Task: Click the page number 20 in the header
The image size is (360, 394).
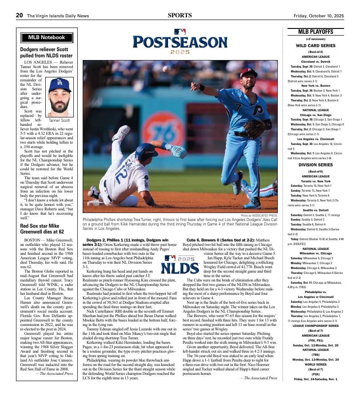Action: [20, 15]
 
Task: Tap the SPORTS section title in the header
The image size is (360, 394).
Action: [180, 15]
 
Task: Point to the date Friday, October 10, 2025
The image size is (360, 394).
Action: [319, 16]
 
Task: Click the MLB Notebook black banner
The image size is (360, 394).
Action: [47, 38]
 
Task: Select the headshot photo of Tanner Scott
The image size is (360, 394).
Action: [59, 97]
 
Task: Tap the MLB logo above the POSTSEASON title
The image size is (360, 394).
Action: [180, 32]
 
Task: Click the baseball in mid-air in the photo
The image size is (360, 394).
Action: [166, 69]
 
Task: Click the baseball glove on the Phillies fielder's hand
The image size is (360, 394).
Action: [255, 129]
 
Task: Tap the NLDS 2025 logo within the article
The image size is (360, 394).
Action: [180, 265]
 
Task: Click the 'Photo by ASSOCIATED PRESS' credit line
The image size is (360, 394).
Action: [259, 216]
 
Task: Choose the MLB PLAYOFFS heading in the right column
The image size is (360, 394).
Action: [316, 32]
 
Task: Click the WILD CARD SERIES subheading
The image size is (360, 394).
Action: [316, 46]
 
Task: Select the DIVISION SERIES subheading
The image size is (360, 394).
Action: [316, 165]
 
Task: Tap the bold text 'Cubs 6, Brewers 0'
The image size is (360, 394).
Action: [204, 240]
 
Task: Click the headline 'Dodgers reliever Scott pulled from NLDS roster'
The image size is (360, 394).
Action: [46, 53]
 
